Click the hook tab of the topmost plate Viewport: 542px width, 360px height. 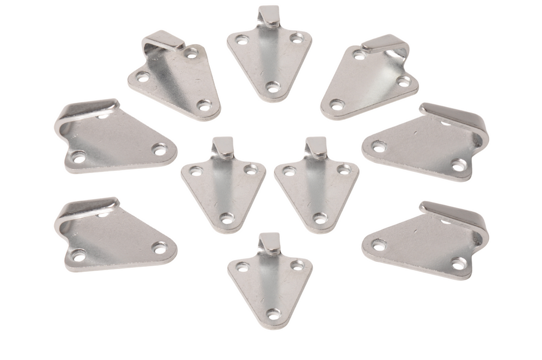tap(269, 15)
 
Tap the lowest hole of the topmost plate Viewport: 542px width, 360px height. tap(272, 87)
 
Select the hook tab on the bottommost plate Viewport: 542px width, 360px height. tap(270, 243)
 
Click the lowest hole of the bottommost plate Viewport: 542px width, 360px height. tap(273, 314)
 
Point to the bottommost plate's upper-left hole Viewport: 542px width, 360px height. tap(242, 267)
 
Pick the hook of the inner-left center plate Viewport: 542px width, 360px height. tap(223, 146)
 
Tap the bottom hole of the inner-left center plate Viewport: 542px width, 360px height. tap(226, 217)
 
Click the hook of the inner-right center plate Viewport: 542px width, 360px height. tap(316, 146)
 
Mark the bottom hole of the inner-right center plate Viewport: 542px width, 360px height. tap(319, 217)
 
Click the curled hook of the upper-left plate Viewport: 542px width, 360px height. tap(164, 40)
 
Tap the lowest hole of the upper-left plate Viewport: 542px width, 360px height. tap(204, 104)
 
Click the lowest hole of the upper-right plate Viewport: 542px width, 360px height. tap(337, 104)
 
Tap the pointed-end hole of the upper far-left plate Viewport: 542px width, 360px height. tap(160, 150)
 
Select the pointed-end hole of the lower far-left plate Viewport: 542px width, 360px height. tap(160, 247)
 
